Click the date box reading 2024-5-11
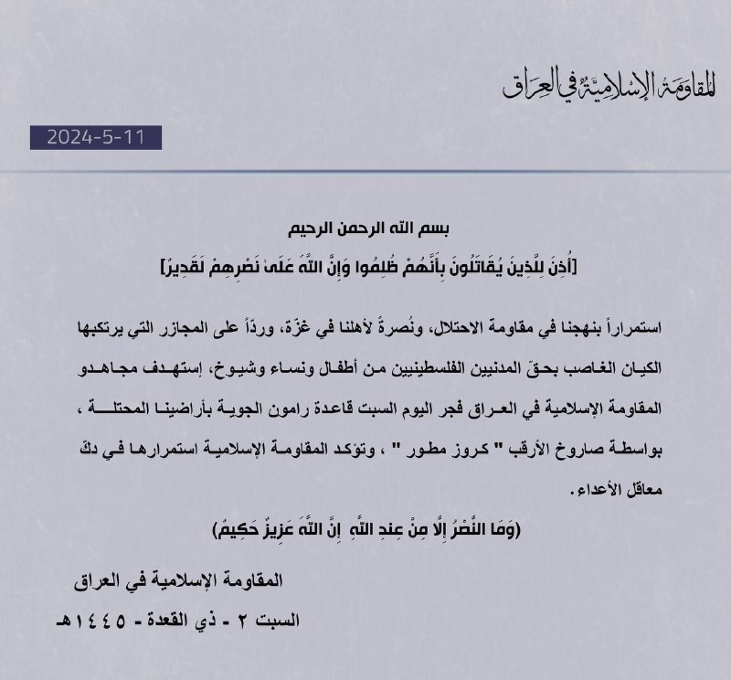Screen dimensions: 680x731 pyautogui.click(x=95, y=137)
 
